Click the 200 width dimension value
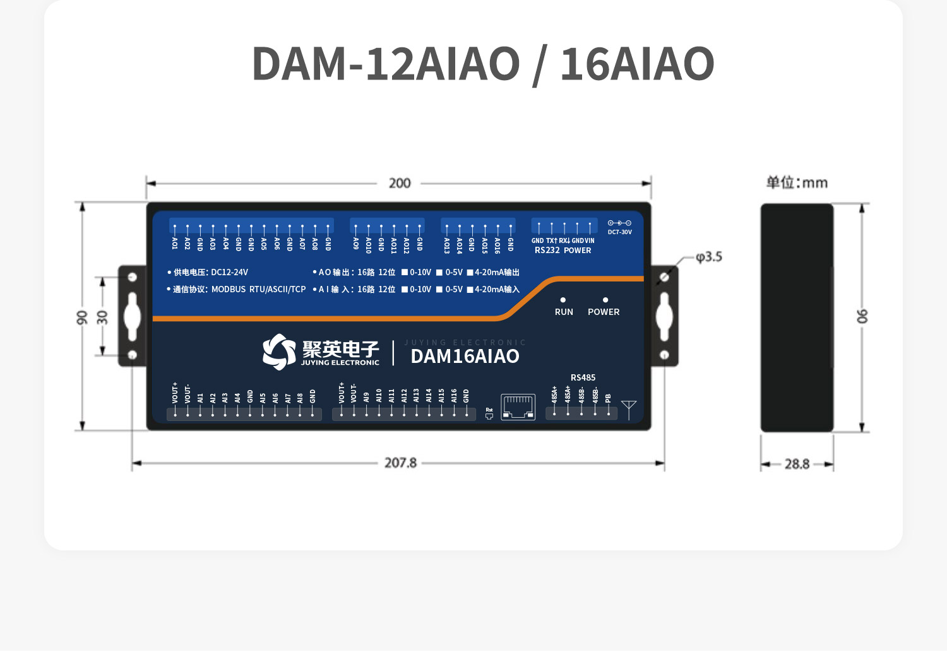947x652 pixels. pyautogui.click(x=400, y=183)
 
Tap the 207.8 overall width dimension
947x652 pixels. pyautogui.click(x=400, y=463)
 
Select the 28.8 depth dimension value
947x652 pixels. pyautogui.click(x=797, y=464)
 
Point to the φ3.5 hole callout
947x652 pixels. pyautogui.click(x=709, y=257)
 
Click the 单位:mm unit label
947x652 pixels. pyautogui.click(x=797, y=182)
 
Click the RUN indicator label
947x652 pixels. pyautogui.click(x=564, y=312)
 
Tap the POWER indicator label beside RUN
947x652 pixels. pyautogui.click(x=604, y=312)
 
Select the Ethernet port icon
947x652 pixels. pyautogui.click(x=518, y=406)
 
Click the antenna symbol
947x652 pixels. pyautogui.click(x=629, y=409)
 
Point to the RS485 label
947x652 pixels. pyautogui.click(x=583, y=377)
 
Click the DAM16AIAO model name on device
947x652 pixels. pyautogui.click(x=465, y=357)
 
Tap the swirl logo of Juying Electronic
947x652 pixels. pyautogui.click(x=279, y=352)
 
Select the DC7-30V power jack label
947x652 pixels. pyautogui.click(x=619, y=232)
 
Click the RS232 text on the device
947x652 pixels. pyautogui.click(x=547, y=251)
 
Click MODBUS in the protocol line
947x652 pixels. pyautogui.click(x=229, y=289)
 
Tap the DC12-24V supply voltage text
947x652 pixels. pyautogui.click(x=229, y=272)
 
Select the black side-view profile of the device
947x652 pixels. pyautogui.click(x=797, y=317)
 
